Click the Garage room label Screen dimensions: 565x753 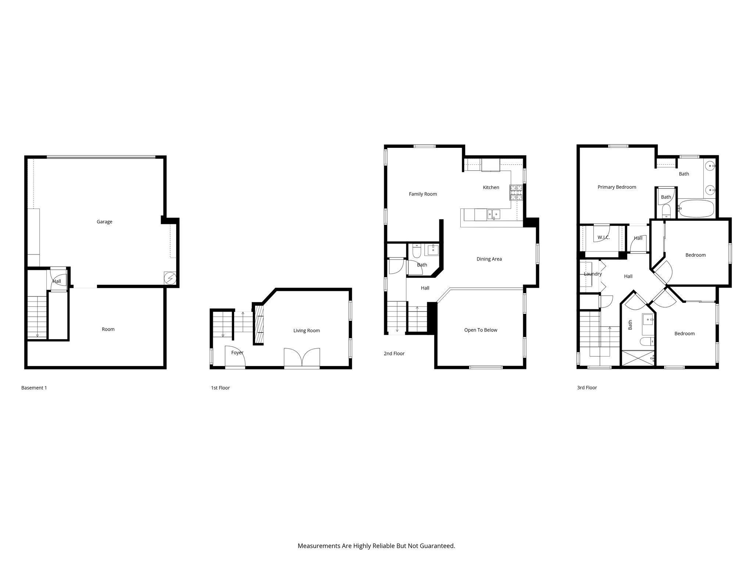tap(104, 222)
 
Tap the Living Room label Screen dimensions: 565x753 tap(306, 331)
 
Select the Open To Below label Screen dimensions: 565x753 tap(481, 330)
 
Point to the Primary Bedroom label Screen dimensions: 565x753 tap(617, 187)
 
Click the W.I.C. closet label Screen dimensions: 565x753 tap(603, 238)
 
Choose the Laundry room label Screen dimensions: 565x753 tap(593, 274)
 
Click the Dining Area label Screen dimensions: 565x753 tap(489, 259)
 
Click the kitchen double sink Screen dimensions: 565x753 tap(493, 214)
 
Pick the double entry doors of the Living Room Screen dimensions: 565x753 tap(302, 358)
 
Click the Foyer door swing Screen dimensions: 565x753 tap(235, 357)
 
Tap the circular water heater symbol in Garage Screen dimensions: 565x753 tap(170, 278)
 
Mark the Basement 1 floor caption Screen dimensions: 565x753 tap(34, 388)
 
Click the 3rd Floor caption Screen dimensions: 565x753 tap(587, 388)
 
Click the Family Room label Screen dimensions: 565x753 tap(423, 194)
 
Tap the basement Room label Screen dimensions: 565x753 tap(108, 329)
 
